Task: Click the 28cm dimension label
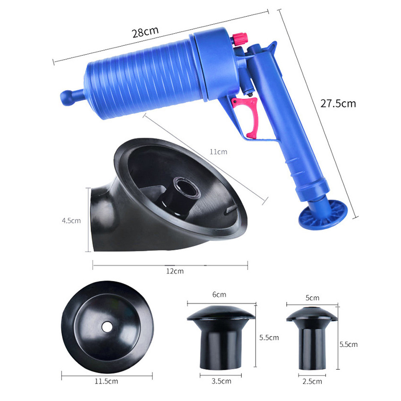click(x=146, y=32)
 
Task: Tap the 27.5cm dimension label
click(x=338, y=103)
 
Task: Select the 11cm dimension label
click(x=219, y=152)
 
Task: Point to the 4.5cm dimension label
click(x=71, y=220)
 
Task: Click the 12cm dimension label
click(x=175, y=271)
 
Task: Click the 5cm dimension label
click(x=312, y=298)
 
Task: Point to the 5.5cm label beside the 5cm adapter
click(x=348, y=344)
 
